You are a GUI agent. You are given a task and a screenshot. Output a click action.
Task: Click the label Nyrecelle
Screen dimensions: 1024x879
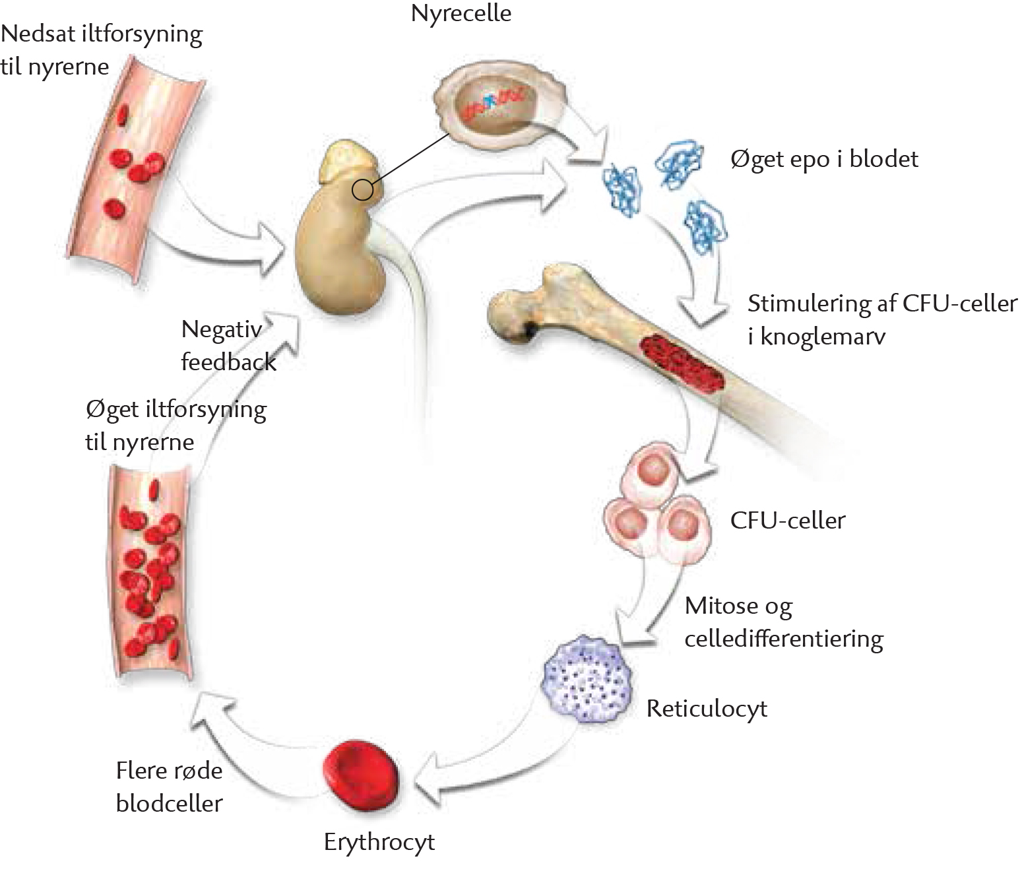click(461, 14)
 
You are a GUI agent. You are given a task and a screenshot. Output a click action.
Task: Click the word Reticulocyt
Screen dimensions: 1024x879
click(707, 709)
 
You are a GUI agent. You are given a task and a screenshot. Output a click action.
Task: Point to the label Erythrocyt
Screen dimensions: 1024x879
click(379, 842)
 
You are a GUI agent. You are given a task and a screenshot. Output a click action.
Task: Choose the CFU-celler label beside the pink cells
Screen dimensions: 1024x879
click(788, 521)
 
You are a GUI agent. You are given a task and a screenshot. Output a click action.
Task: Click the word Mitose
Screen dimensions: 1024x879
click(721, 606)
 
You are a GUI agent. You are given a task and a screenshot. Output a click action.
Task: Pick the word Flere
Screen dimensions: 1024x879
click(140, 771)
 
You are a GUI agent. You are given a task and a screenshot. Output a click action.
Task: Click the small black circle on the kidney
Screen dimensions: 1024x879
click(362, 190)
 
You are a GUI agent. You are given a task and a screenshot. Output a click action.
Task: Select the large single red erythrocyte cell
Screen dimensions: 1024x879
click(361, 777)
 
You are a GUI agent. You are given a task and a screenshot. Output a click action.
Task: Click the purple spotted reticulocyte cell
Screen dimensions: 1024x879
click(587, 680)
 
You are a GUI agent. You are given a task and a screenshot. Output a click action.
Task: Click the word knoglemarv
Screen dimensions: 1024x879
click(823, 337)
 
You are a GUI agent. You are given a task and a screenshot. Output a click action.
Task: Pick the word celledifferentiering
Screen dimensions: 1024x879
click(784, 639)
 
